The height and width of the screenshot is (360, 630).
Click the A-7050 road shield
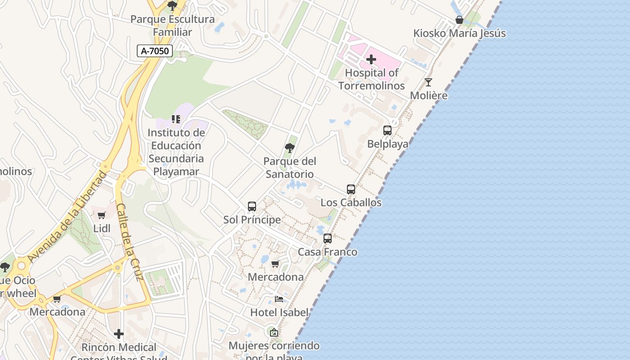[155, 51]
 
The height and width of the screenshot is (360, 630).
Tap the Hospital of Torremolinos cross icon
[371, 59]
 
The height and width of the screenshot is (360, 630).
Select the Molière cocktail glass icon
[428, 82]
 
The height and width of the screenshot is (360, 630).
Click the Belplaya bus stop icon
[387, 130]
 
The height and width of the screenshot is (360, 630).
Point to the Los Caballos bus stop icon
[351, 189]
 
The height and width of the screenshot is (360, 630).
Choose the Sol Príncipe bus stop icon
[252, 207]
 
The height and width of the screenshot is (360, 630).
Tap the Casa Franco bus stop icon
[328, 238]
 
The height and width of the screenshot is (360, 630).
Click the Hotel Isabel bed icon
[279, 299]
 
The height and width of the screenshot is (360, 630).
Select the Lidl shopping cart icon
[102, 216]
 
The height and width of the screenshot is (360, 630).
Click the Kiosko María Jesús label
[459, 33]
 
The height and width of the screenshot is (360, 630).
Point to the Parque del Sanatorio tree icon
[290, 148]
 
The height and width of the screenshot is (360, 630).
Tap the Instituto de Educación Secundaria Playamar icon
[176, 119]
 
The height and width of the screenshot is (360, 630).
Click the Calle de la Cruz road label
[130, 242]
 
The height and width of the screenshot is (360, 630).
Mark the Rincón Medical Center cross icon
[119, 334]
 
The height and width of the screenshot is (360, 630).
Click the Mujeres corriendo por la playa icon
[274, 333]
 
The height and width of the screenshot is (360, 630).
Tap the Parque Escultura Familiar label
[172, 26]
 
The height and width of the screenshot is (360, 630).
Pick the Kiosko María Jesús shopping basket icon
[459, 20]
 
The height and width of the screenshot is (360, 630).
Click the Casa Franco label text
[328, 252]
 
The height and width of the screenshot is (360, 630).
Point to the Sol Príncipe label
[252, 220]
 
